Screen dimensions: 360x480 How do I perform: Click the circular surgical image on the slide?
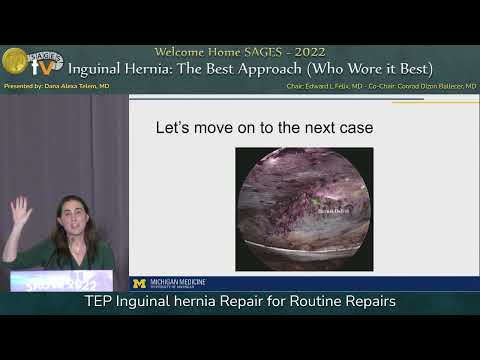click(x=304, y=209)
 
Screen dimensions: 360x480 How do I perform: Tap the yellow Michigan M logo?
click(x=140, y=284)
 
